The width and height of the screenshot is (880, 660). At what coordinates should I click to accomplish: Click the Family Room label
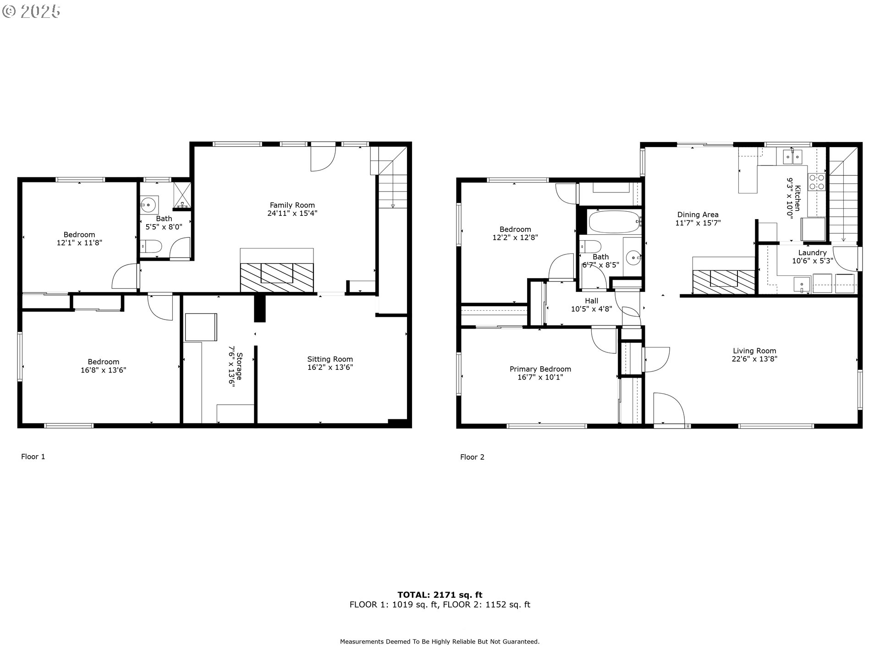coord(292,205)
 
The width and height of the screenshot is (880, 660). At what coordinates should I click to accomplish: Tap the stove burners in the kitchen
coord(816,181)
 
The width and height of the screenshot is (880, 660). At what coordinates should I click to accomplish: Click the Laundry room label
coord(812,253)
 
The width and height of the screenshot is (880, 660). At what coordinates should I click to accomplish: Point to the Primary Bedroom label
coord(540,369)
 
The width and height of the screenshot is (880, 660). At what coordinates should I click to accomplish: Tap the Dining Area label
coord(698,214)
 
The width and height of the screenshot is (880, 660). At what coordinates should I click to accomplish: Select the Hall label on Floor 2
coord(591,301)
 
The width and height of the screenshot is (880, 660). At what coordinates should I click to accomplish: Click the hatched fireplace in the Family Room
coord(277,277)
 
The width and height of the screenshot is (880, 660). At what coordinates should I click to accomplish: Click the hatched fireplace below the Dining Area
coord(723,281)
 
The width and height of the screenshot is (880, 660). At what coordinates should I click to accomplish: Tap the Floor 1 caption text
coord(33,456)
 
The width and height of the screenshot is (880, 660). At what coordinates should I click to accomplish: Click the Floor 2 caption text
coord(472,457)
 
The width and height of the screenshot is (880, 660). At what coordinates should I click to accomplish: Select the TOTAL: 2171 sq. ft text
coord(440,595)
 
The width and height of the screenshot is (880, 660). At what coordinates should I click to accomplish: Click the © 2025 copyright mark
coord(31,11)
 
